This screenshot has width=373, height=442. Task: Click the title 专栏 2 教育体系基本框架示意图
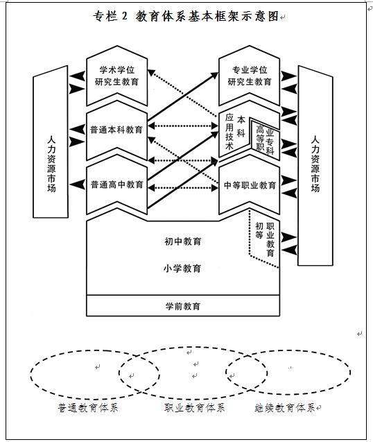(x=186, y=16)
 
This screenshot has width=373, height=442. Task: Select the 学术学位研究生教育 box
(x=117, y=76)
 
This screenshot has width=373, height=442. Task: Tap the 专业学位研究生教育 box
(x=250, y=76)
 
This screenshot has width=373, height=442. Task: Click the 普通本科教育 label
(x=116, y=130)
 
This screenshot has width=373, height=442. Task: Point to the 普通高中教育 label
(x=116, y=185)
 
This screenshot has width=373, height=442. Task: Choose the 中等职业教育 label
(x=250, y=185)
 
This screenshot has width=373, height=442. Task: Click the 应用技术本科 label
(x=235, y=132)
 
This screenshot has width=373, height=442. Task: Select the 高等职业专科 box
(x=265, y=140)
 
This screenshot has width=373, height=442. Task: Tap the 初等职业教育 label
(x=265, y=239)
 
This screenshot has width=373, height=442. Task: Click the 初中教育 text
(x=183, y=241)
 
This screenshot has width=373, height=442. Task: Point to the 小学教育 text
(x=182, y=268)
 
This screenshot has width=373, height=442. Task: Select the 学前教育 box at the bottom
(x=183, y=305)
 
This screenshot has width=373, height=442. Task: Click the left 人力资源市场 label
(x=51, y=164)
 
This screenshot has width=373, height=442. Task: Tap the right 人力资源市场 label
(x=315, y=164)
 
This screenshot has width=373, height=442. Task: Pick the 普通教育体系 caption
(x=88, y=408)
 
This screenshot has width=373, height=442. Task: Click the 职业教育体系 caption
(x=194, y=407)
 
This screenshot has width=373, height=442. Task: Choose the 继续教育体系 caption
(x=285, y=408)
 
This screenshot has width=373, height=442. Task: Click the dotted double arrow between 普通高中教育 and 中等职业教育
(x=183, y=187)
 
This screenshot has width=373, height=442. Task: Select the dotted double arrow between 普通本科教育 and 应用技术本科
(x=183, y=126)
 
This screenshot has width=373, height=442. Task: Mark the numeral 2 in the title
(x=125, y=16)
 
